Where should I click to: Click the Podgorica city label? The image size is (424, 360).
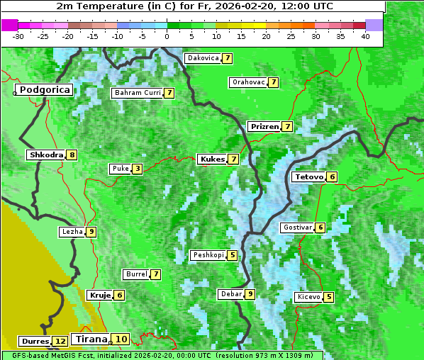[44, 90]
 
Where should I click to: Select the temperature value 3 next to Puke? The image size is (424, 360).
[138, 169]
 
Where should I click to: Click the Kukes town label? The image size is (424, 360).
[212, 159]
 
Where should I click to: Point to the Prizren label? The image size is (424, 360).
[264, 127]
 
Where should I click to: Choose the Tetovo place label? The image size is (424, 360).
[308, 176]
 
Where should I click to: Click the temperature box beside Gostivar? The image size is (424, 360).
[320, 227]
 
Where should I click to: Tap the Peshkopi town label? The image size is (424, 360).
[208, 255]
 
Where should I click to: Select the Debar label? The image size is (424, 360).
[231, 294]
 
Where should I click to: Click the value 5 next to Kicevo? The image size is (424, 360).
[329, 297]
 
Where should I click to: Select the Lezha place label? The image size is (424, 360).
[72, 232]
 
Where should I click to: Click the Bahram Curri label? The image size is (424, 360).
[138, 93]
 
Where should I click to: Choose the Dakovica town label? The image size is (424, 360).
[202, 58]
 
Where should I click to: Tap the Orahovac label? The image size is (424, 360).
[248, 82]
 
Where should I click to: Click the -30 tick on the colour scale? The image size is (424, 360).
[18, 35]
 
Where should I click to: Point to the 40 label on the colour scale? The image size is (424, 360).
[365, 35]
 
